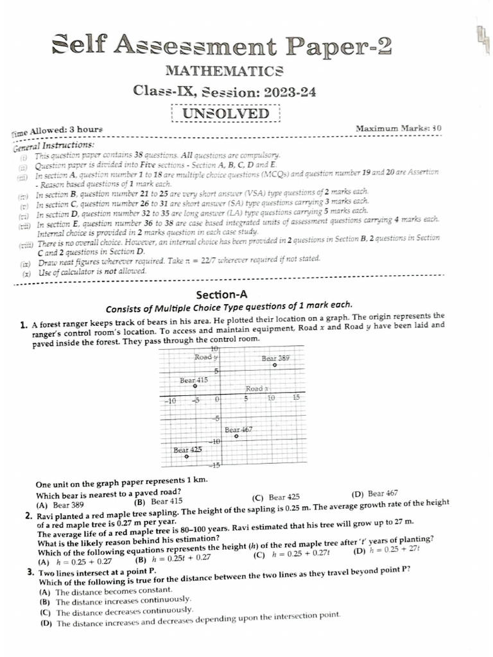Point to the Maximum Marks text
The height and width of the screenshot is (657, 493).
[x=398, y=128]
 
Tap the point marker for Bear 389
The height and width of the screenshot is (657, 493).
[x=274, y=365]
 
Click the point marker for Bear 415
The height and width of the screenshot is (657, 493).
[x=195, y=386]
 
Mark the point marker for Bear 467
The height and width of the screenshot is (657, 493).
[x=236, y=436]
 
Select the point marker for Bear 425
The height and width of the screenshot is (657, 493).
[x=187, y=457]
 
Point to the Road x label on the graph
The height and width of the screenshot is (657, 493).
[x=256, y=389]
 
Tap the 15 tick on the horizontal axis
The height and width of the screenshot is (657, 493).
[x=296, y=398]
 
